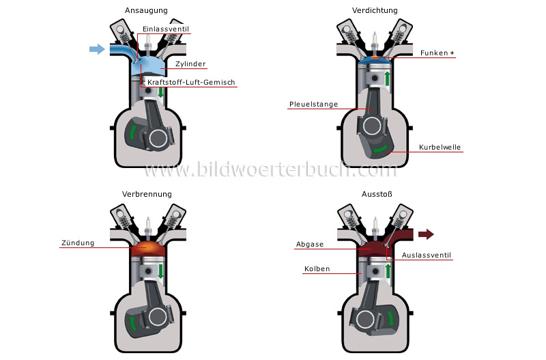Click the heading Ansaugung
147,10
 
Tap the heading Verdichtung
375,10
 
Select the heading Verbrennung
147,194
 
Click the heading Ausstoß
375,194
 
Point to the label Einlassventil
165,29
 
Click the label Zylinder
190,64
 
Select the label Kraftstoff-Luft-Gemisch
191,83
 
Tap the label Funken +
437,53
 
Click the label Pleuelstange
313,105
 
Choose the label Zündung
77,243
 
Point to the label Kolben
317,269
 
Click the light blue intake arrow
97,49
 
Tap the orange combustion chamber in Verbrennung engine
147,250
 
